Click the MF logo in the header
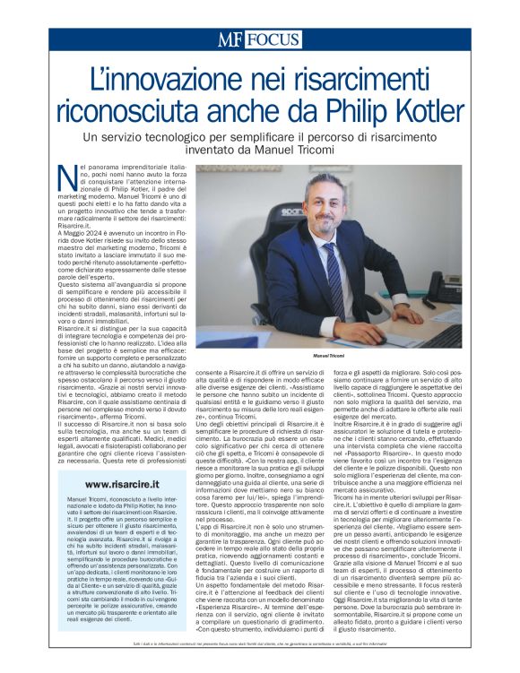pos(230,39)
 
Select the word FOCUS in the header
pos(271,39)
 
